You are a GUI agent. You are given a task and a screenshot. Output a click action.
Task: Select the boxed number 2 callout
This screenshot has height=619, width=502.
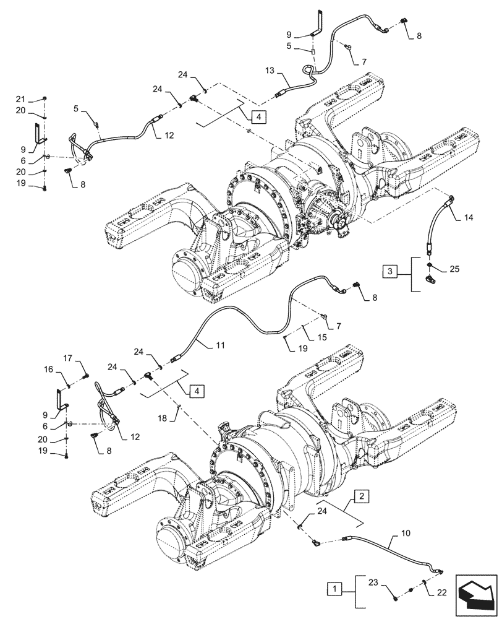click(363, 495)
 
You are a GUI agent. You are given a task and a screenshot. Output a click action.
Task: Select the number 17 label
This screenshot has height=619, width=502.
click(68, 357)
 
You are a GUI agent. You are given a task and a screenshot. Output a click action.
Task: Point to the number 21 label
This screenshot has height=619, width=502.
click(38, 100)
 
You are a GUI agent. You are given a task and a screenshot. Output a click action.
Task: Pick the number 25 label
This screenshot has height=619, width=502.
click(456, 270)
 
